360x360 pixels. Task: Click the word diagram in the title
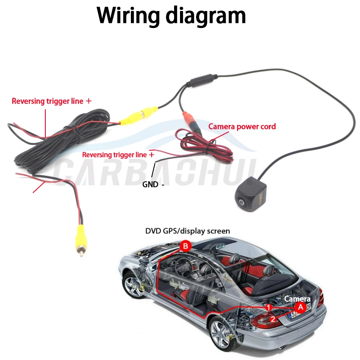205,16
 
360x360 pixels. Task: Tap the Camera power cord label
242,127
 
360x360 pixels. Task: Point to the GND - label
153,184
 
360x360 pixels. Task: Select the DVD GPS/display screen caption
188,231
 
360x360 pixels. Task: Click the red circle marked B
185,246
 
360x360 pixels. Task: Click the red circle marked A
300,307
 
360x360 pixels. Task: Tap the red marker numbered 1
269,306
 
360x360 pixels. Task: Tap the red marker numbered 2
273,319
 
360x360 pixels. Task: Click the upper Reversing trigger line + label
51,101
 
